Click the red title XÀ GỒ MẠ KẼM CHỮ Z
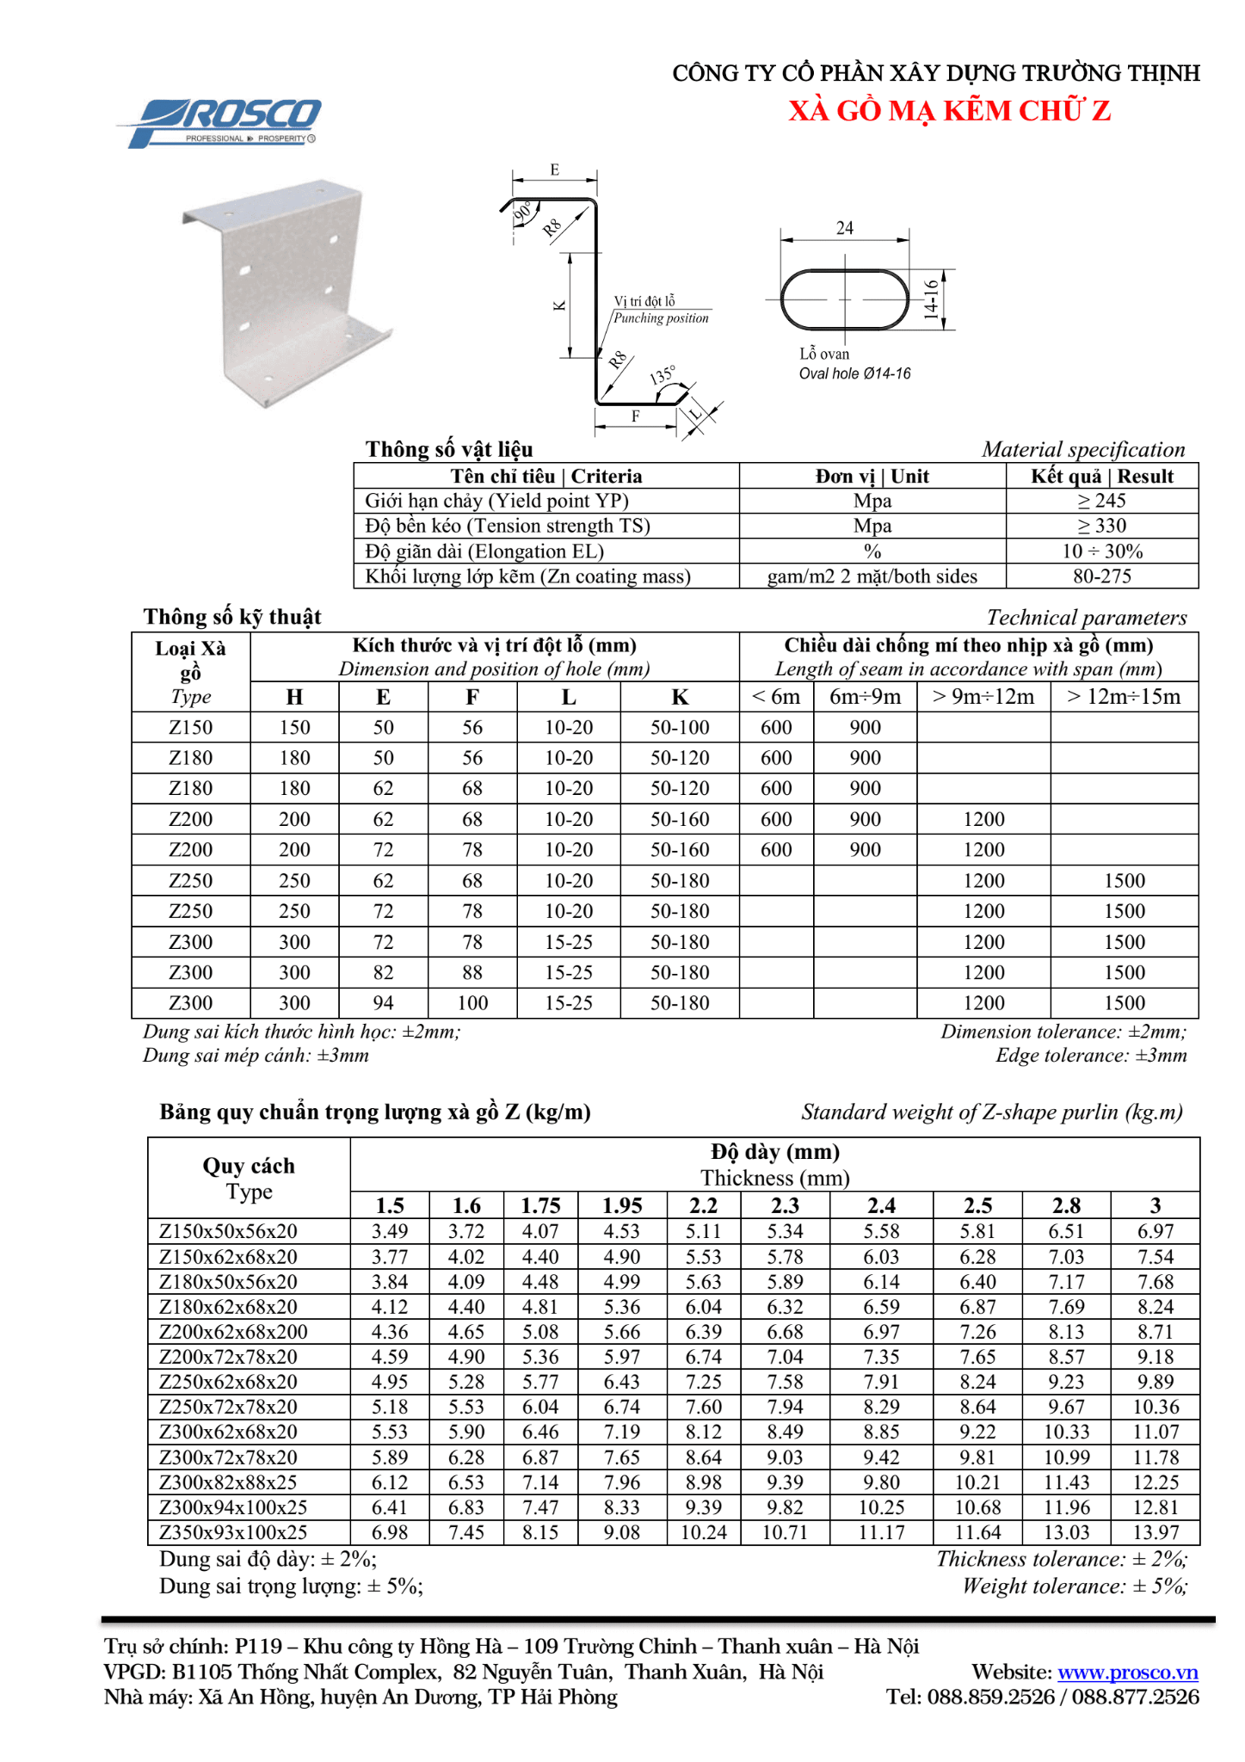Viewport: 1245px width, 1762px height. click(x=949, y=111)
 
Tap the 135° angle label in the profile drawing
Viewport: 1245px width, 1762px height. click(x=662, y=375)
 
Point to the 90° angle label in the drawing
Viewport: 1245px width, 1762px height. click(x=522, y=213)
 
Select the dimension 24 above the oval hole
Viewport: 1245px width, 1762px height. click(x=844, y=228)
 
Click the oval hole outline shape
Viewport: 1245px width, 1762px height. click(x=844, y=299)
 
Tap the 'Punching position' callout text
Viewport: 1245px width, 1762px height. click(x=661, y=318)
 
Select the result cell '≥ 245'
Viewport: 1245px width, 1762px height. click(x=1101, y=501)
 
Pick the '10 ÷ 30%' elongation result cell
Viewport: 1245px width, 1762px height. click(x=1101, y=551)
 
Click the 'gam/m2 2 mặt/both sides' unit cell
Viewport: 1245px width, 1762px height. click(x=872, y=576)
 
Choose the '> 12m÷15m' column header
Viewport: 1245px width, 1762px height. click(x=1124, y=697)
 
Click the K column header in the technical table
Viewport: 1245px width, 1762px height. click(x=680, y=697)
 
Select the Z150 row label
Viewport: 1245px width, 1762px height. click(x=190, y=728)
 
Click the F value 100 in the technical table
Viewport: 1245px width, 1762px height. click(x=472, y=1003)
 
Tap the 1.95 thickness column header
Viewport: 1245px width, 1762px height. click(x=622, y=1205)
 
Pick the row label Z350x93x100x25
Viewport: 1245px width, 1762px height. click(x=233, y=1532)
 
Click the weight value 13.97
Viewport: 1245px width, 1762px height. click(x=1155, y=1532)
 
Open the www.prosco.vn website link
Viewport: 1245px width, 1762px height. click(x=1127, y=1672)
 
